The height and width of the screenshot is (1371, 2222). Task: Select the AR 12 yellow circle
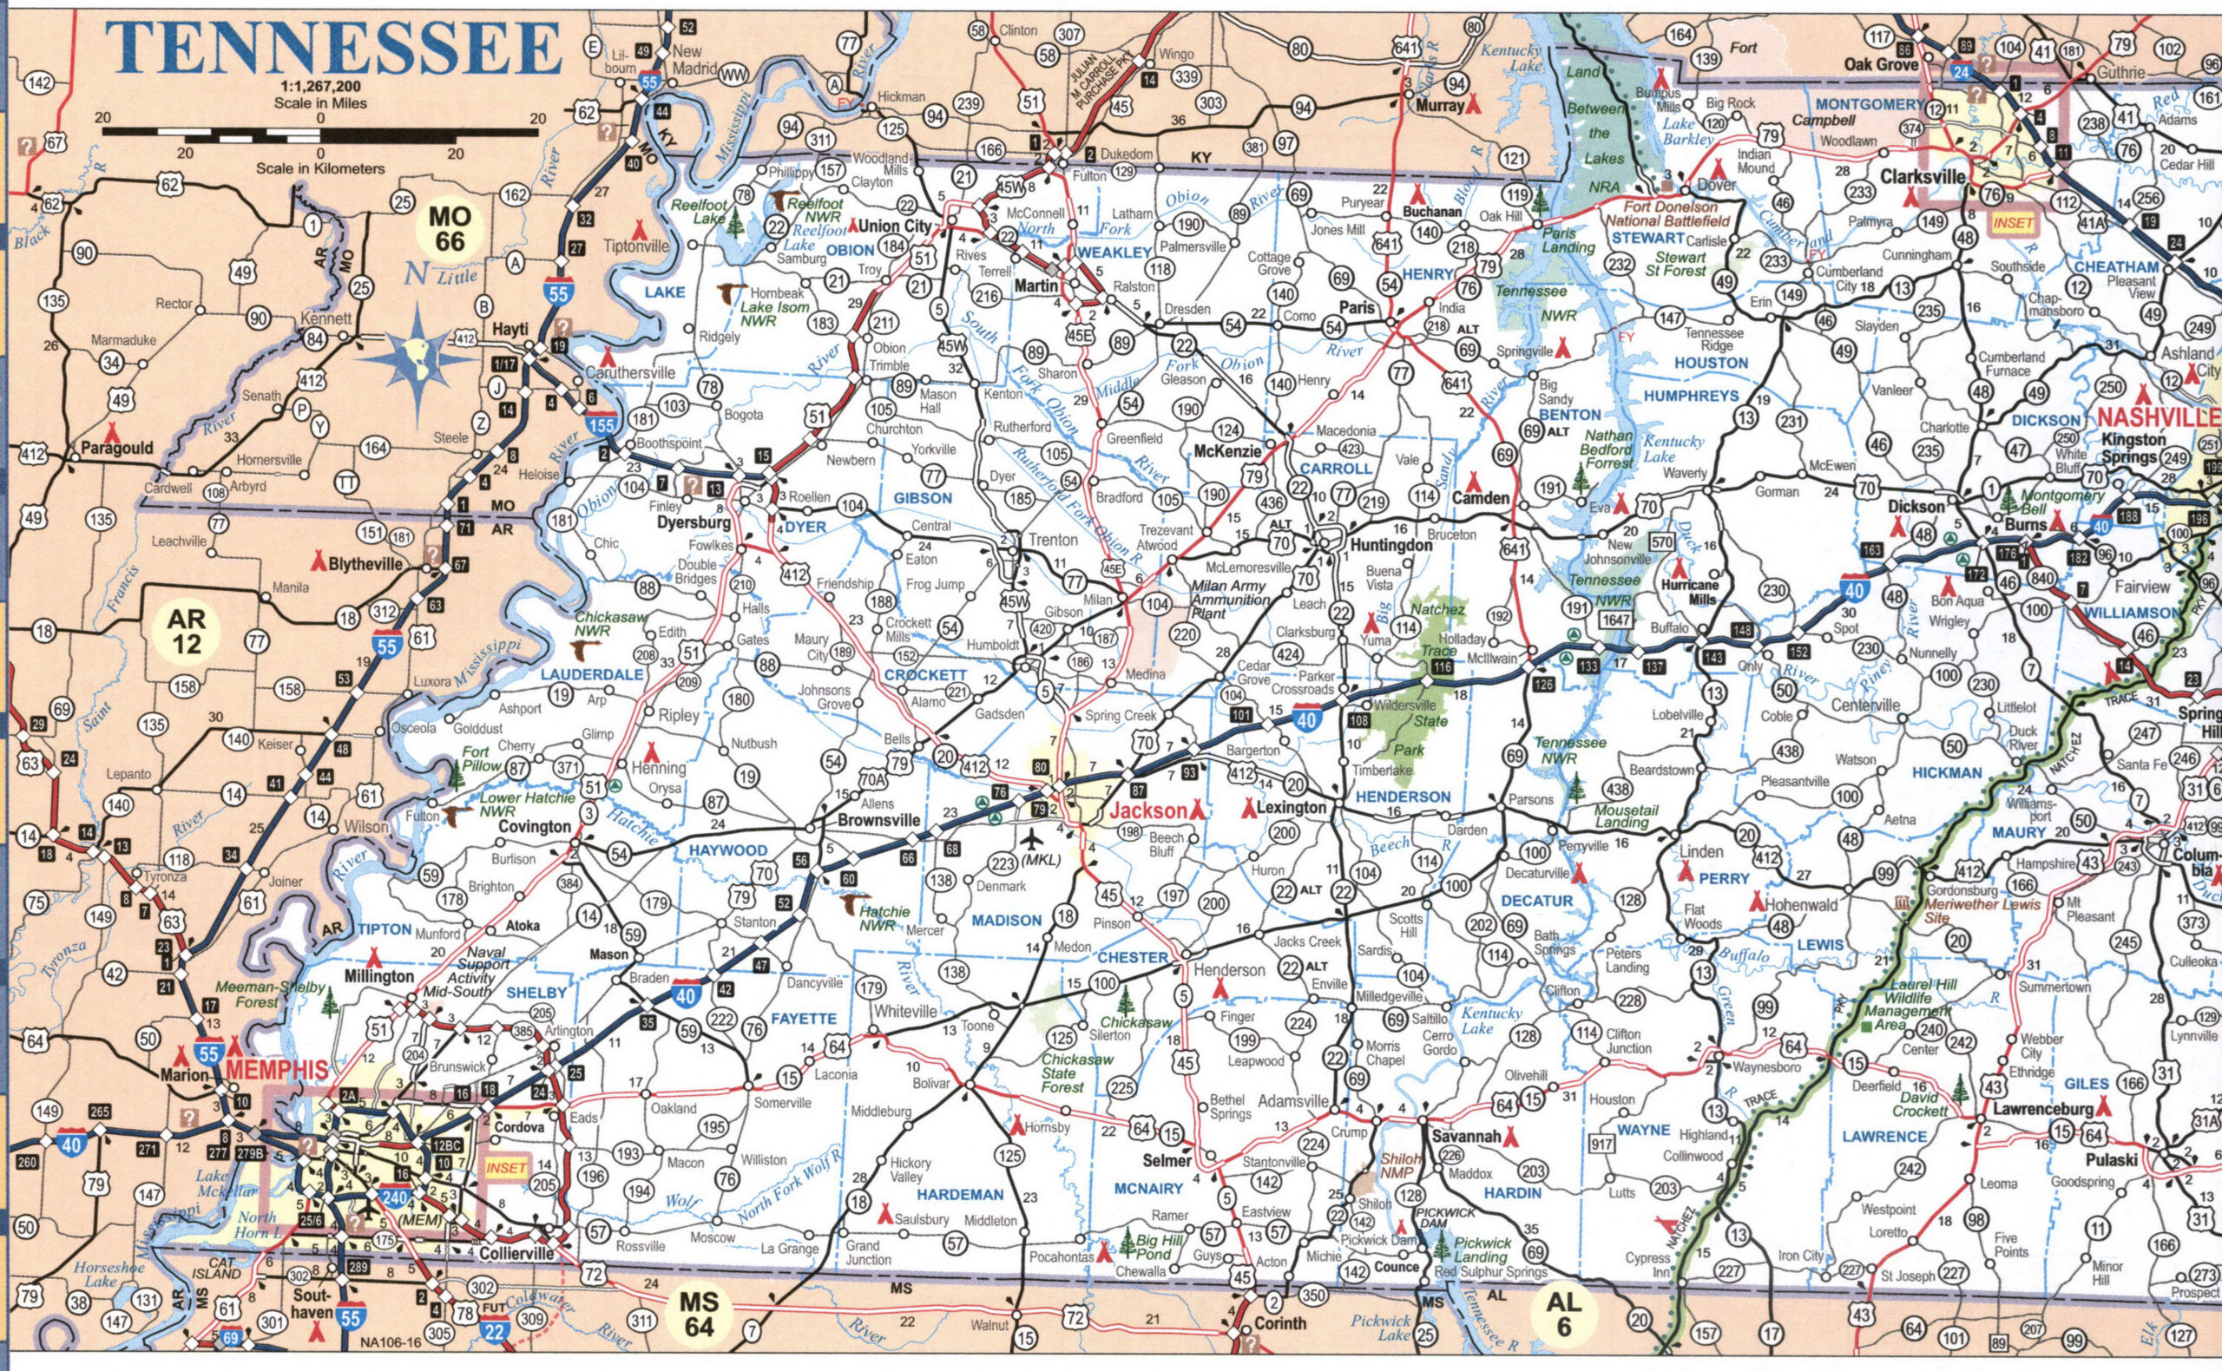pos(187,631)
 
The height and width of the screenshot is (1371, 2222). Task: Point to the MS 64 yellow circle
pos(700,1314)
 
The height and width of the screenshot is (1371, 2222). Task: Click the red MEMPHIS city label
pos(278,1070)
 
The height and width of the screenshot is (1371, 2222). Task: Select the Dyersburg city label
pos(693,524)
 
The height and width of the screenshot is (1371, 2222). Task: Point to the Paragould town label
pos(117,448)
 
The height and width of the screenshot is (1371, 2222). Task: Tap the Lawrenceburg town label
pos(2042,1108)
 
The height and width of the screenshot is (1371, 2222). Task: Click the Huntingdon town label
pos(1390,546)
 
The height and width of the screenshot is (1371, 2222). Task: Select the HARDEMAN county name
pos(960,1194)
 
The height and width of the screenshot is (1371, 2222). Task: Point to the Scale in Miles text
pos(320,103)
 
